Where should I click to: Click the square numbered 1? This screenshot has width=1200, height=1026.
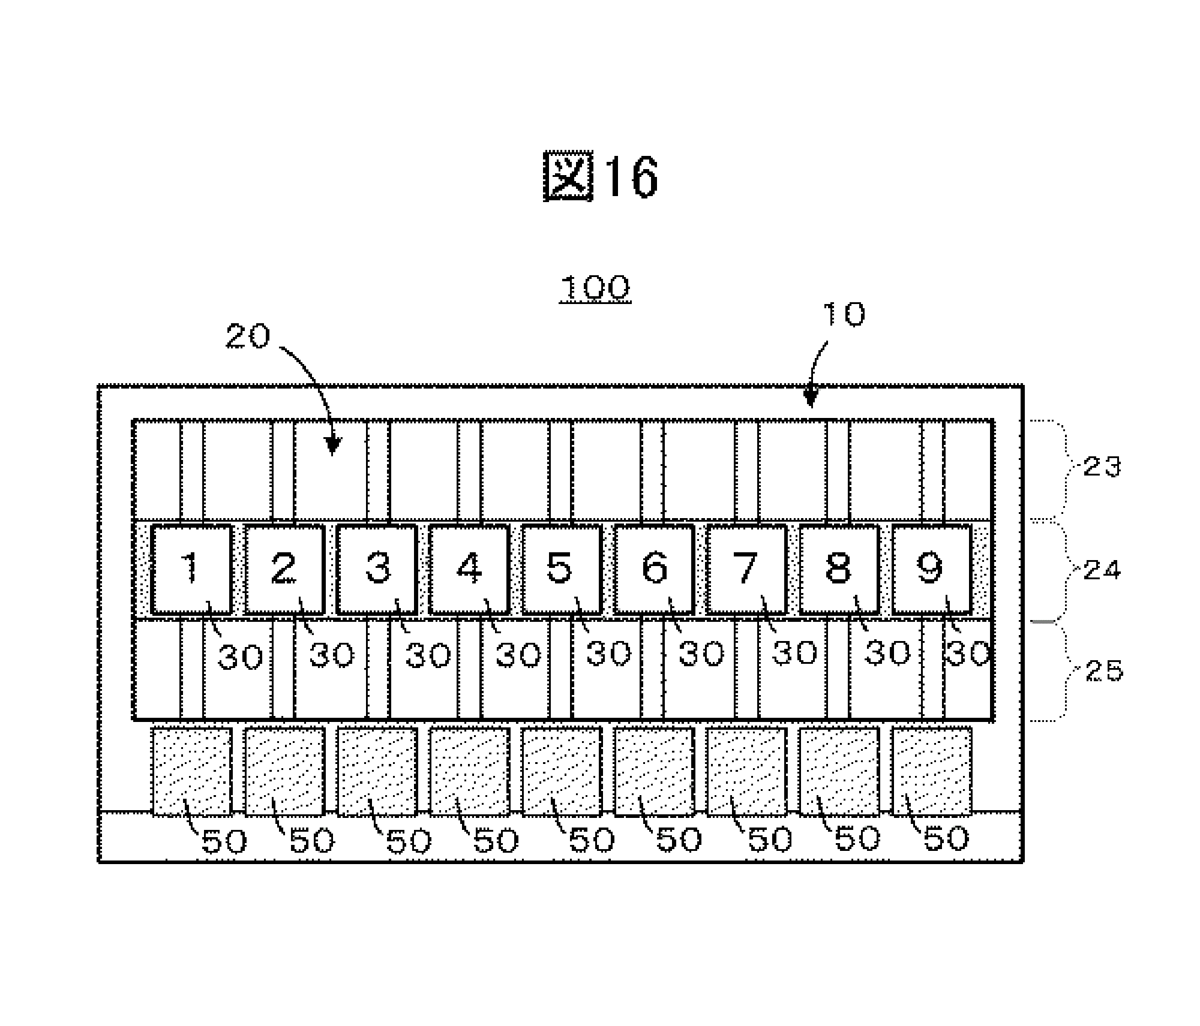pos(191,569)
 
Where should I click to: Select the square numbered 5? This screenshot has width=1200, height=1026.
pos(561,569)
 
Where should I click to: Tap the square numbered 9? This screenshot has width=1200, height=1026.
pos(932,569)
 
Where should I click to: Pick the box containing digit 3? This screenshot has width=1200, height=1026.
pos(376,569)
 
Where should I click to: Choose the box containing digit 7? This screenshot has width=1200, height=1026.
pos(746,569)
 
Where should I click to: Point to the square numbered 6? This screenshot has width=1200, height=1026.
pos(654,569)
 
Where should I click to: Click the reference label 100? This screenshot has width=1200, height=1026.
pos(595,288)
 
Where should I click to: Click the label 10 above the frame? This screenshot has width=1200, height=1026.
pos(843,314)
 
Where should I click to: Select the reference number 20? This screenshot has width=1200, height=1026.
pos(247,337)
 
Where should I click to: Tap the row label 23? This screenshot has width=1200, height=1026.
pos(1102,466)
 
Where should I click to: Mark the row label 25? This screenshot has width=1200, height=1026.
pos(1104,670)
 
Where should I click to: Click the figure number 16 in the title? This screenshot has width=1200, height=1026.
pos(630,177)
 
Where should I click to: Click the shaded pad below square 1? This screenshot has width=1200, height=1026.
pos(191,772)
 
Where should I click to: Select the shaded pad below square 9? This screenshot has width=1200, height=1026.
pos(932,772)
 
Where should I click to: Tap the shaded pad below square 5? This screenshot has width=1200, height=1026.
pos(561,772)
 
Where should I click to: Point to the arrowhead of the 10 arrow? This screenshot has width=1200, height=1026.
pos(810,401)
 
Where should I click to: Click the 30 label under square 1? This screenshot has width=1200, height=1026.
pos(240,657)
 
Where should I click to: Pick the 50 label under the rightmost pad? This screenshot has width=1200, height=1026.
pos(946,840)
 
